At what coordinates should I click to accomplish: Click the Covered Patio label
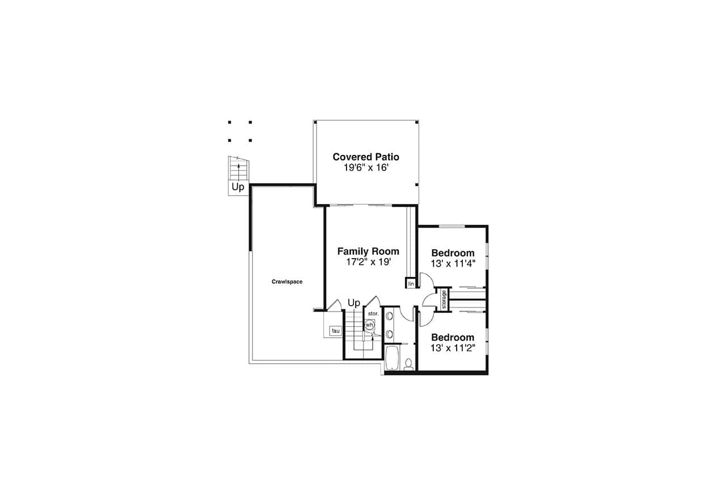pos(366,157)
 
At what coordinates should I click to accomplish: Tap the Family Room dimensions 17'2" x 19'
pos(368,262)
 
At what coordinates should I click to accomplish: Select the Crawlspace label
pos(287,281)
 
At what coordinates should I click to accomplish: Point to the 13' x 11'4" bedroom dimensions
pos(453,263)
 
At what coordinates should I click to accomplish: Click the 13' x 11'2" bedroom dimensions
pos(453,348)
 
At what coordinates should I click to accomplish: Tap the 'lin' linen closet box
pos(411,283)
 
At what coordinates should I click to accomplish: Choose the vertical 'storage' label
pos(444,300)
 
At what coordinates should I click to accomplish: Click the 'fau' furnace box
pos(335,331)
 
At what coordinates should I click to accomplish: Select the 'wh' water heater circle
pos(369,325)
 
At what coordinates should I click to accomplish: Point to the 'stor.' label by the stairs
pos(373,313)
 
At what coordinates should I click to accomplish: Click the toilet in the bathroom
pos(408,364)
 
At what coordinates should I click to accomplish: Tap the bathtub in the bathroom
pos(392,358)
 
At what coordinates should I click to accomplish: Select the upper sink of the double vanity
pos(389,316)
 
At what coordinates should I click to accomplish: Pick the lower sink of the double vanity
pos(389,334)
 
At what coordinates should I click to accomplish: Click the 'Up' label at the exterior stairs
pos(238,187)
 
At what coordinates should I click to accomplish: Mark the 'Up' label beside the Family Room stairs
pos(354,303)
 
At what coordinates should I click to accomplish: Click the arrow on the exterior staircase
pos(239,172)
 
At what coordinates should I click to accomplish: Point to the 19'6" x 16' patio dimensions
pos(366,167)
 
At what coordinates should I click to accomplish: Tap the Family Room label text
pos(368,251)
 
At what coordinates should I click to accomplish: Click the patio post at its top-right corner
pos(417,122)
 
